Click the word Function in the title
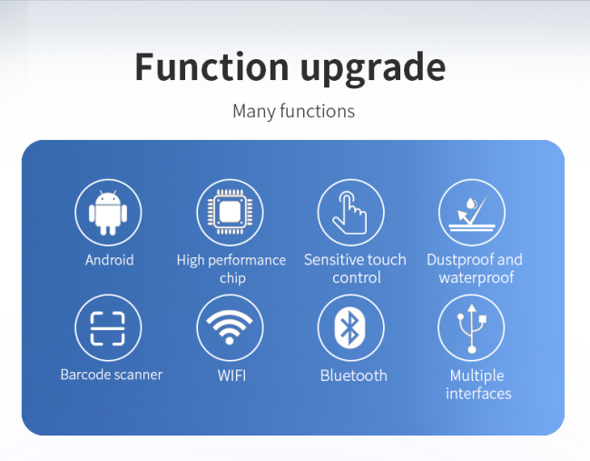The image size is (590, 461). (x=211, y=67)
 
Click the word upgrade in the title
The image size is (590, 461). (x=373, y=70)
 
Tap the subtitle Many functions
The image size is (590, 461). (x=293, y=112)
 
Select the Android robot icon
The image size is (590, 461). (x=108, y=213)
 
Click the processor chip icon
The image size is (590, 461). (x=230, y=212)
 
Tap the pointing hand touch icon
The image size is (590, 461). (x=350, y=213)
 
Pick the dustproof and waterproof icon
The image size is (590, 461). (x=472, y=213)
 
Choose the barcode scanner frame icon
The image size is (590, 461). (x=108, y=328)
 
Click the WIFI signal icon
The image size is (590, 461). (x=230, y=327)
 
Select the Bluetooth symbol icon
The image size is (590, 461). (x=349, y=327)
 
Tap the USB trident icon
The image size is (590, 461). (x=472, y=328)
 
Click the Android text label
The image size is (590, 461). (x=110, y=260)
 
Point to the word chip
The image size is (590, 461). (x=232, y=278)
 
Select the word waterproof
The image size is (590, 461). (x=477, y=278)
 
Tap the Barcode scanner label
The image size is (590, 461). (x=112, y=375)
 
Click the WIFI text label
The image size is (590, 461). (x=231, y=376)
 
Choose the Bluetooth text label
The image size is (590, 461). (x=354, y=376)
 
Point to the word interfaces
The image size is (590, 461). (x=478, y=394)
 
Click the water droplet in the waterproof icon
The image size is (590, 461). (x=471, y=204)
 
